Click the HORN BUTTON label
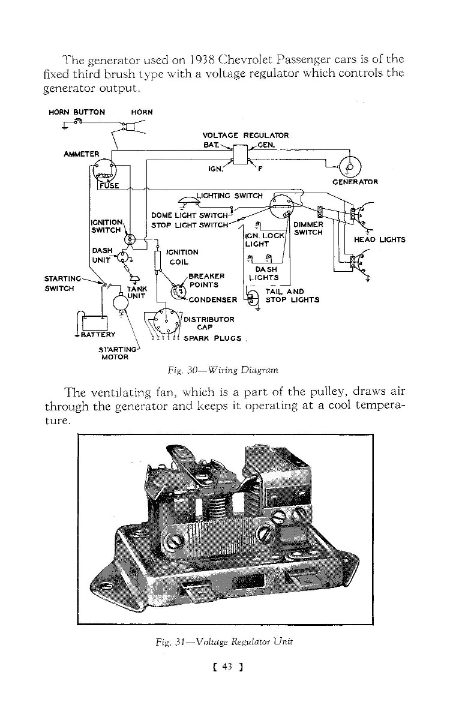(77, 112)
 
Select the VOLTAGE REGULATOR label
(246, 136)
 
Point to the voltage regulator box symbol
(241, 155)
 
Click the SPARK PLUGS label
(213, 338)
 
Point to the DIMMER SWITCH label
(309, 229)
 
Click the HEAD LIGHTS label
(380, 239)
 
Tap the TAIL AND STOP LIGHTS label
(292, 296)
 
